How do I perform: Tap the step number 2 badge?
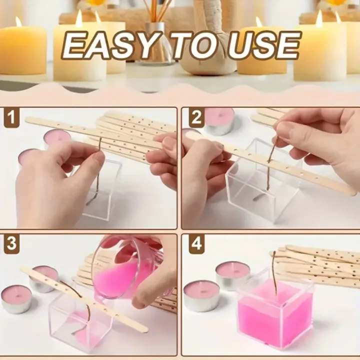tap(196, 118)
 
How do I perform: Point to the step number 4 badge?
tap(196, 245)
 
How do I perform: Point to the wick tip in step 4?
tap(273, 253)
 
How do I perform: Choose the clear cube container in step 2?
tap(260, 185)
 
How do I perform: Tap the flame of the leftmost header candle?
tap(18, 21)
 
